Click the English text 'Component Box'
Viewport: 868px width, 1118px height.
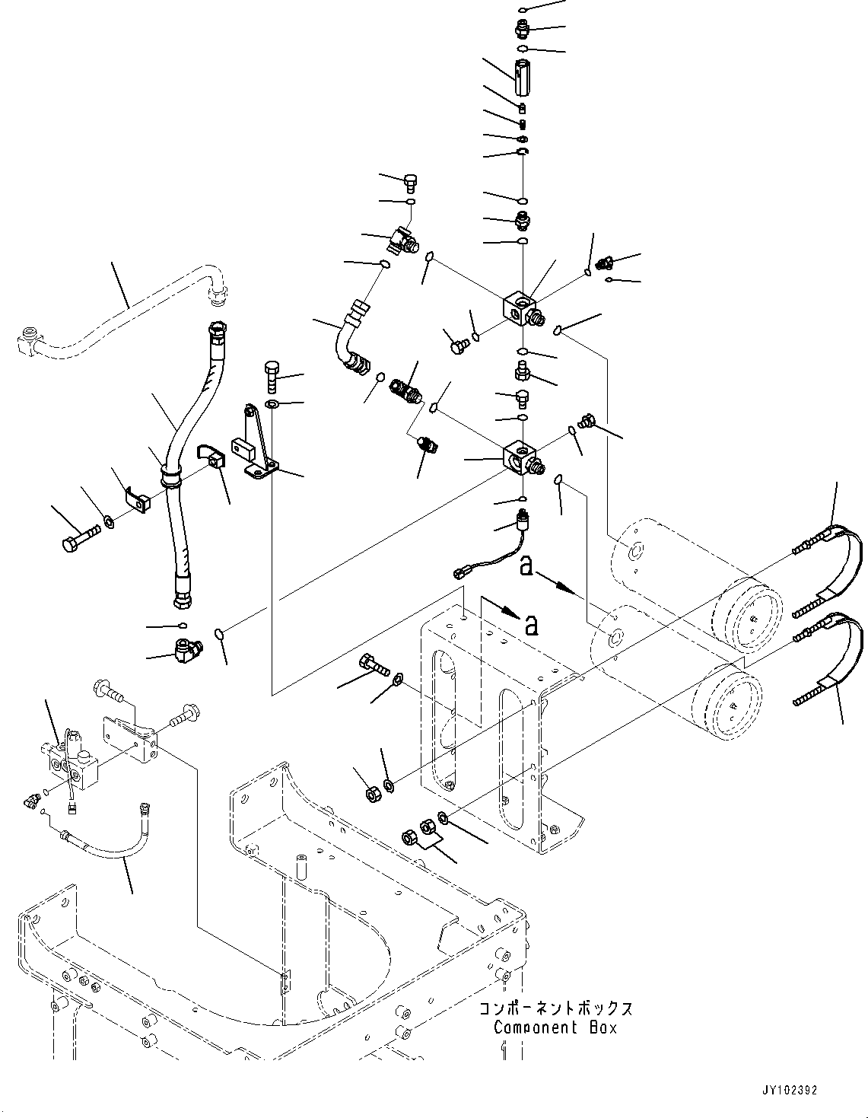click(555, 1027)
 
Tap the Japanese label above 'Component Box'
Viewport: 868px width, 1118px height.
click(555, 1009)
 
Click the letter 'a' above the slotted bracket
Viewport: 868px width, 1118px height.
click(532, 624)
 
